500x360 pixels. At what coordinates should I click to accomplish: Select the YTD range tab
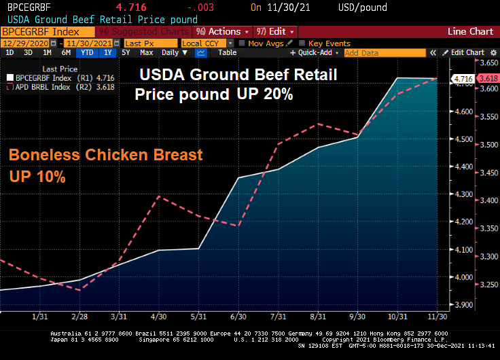87,53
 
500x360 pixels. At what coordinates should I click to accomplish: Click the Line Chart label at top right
471,31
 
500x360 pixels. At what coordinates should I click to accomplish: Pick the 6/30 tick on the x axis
238,317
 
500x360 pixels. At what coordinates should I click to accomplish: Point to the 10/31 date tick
397,317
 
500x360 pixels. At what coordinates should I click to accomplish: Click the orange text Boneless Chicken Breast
105,155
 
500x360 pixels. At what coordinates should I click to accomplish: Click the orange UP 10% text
37,177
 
